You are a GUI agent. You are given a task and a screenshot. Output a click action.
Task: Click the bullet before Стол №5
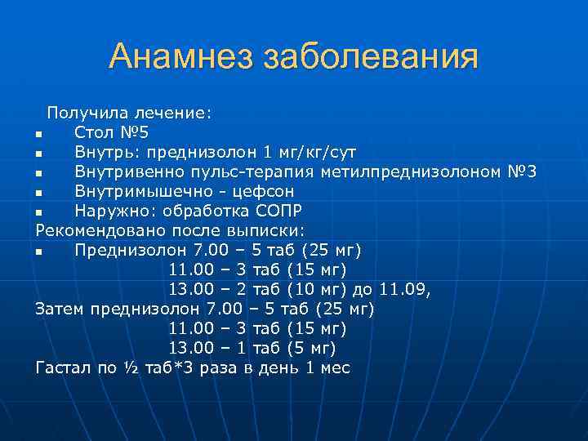(38, 133)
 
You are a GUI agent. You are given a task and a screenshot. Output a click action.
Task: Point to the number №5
(134, 132)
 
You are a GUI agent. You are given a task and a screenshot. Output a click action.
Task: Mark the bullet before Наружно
(38, 212)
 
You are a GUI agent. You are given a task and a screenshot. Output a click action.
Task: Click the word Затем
(60, 309)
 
